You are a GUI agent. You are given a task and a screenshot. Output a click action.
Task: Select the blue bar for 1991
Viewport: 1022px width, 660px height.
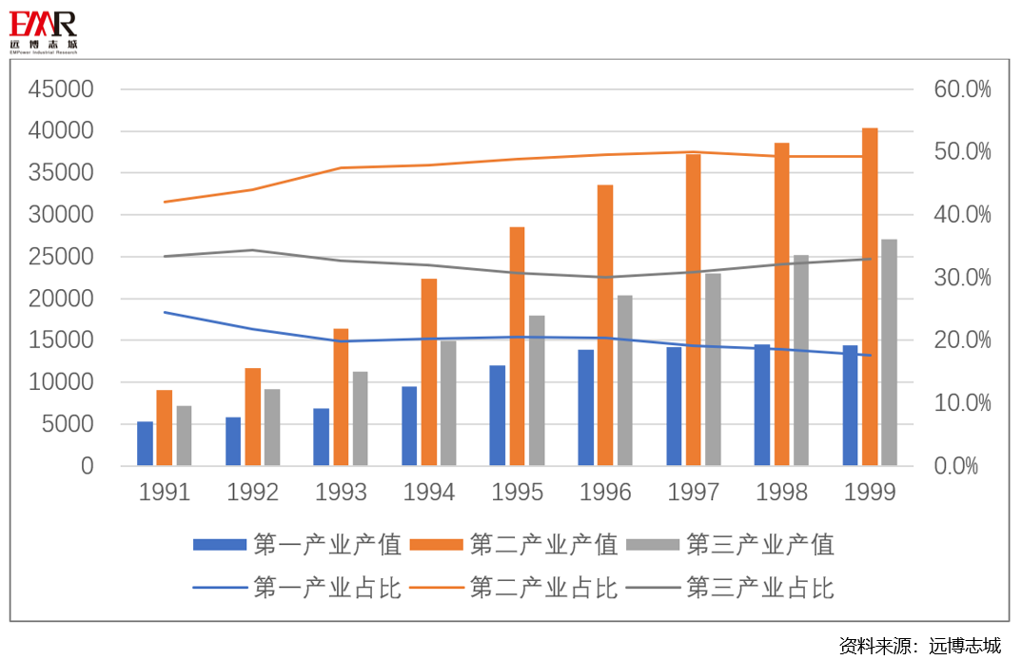[x=145, y=443]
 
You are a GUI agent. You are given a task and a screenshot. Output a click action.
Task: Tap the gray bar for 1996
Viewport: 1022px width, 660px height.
[x=625, y=380]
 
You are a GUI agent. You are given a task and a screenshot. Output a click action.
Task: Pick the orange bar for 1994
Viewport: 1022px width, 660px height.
[x=429, y=372]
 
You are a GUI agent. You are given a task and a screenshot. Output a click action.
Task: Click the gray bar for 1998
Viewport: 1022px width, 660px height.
[x=801, y=360]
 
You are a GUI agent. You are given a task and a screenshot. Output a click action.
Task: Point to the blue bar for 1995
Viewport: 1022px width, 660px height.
[x=498, y=416]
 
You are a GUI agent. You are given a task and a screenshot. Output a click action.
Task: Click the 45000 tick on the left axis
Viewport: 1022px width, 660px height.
[x=61, y=89]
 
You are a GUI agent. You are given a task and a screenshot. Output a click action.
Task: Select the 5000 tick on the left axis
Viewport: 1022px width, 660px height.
[x=67, y=424]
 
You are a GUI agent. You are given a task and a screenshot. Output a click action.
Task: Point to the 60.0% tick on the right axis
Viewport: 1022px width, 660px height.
[x=962, y=89]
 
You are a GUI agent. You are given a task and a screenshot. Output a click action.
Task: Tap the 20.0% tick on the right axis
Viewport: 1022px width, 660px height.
[x=962, y=340]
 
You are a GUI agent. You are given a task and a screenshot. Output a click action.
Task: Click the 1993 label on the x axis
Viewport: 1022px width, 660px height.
[x=341, y=493]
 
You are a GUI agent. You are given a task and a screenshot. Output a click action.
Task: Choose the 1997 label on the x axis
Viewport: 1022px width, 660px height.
[x=694, y=493]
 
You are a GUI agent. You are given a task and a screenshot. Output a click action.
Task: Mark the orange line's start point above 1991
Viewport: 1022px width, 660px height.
[x=165, y=202]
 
